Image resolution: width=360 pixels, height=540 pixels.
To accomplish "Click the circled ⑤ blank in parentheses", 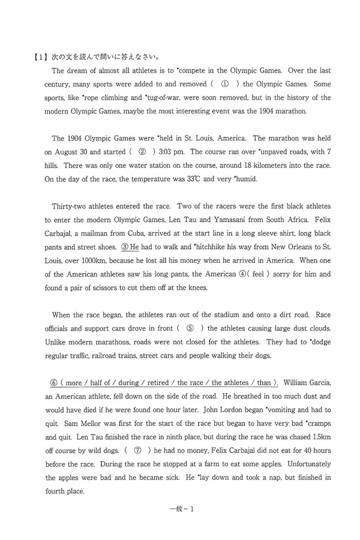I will tap(190, 328).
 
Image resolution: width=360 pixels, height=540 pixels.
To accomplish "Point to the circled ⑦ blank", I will tap(137, 450).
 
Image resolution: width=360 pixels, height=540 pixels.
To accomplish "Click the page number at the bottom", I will tap(179, 509).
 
